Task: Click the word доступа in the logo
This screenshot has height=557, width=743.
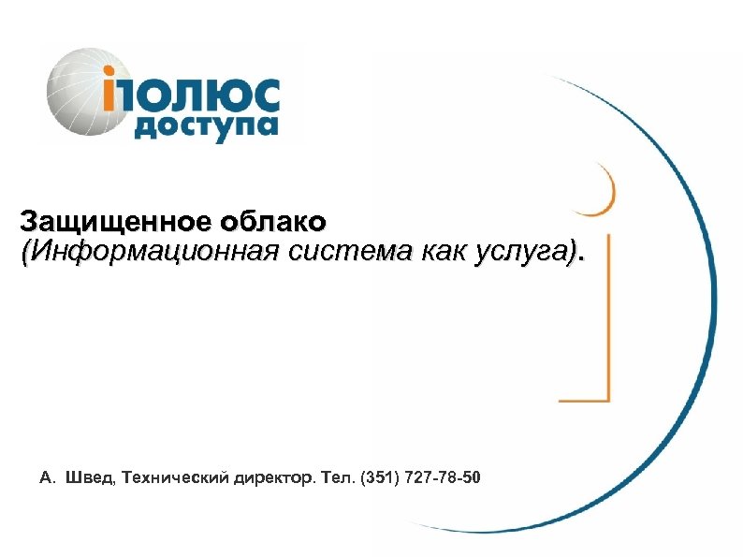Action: click(206, 126)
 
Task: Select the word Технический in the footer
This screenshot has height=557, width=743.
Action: click(173, 479)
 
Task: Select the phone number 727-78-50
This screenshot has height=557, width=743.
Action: click(445, 479)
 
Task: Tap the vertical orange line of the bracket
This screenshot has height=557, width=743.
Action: click(609, 318)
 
